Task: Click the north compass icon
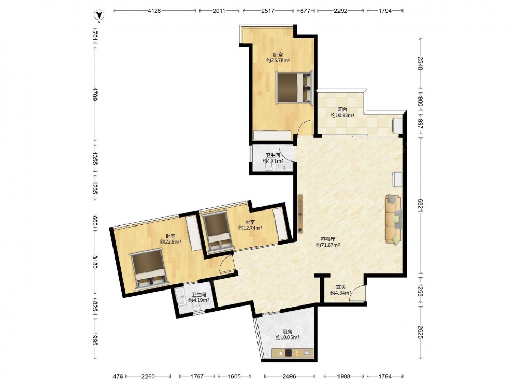click(x=100, y=15)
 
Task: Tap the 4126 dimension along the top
click(x=154, y=11)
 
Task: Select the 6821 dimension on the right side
click(x=420, y=205)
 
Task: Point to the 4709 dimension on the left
click(x=95, y=94)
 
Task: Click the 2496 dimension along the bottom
click(x=289, y=376)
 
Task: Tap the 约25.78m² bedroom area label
click(x=278, y=60)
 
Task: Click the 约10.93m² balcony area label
click(x=342, y=115)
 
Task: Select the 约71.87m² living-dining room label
click(x=328, y=245)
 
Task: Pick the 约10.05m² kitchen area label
click(x=287, y=337)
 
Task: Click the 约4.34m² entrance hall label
click(x=341, y=293)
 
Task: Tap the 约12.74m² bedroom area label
click(x=250, y=228)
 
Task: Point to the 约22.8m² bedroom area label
click(x=171, y=241)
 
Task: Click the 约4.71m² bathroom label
click(x=272, y=161)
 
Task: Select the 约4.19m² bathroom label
click(x=199, y=300)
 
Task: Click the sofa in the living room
click(x=394, y=219)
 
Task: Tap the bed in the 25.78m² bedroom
click(x=294, y=88)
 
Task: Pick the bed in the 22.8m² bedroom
click(x=150, y=269)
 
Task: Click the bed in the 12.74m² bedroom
click(x=217, y=232)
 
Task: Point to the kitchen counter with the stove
click(x=293, y=353)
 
